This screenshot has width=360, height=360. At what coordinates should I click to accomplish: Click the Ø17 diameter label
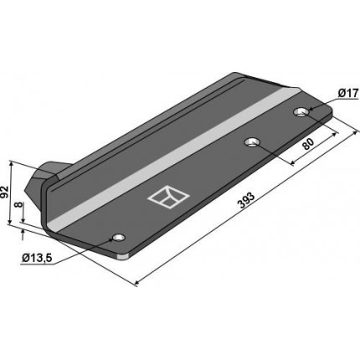point(347,94)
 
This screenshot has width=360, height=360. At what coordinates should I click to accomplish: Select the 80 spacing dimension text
point(308,144)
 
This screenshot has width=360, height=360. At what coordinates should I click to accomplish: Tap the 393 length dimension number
point(246,200)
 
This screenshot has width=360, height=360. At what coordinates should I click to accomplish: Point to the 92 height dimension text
point(4,192)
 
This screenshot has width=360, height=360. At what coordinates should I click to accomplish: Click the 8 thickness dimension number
point(18,204)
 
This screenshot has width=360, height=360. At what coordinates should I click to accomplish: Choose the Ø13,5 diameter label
point(37,258)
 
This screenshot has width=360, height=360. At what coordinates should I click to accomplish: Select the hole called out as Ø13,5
point(118,238)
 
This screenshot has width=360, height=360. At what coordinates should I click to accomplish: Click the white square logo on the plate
point(168,197)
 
